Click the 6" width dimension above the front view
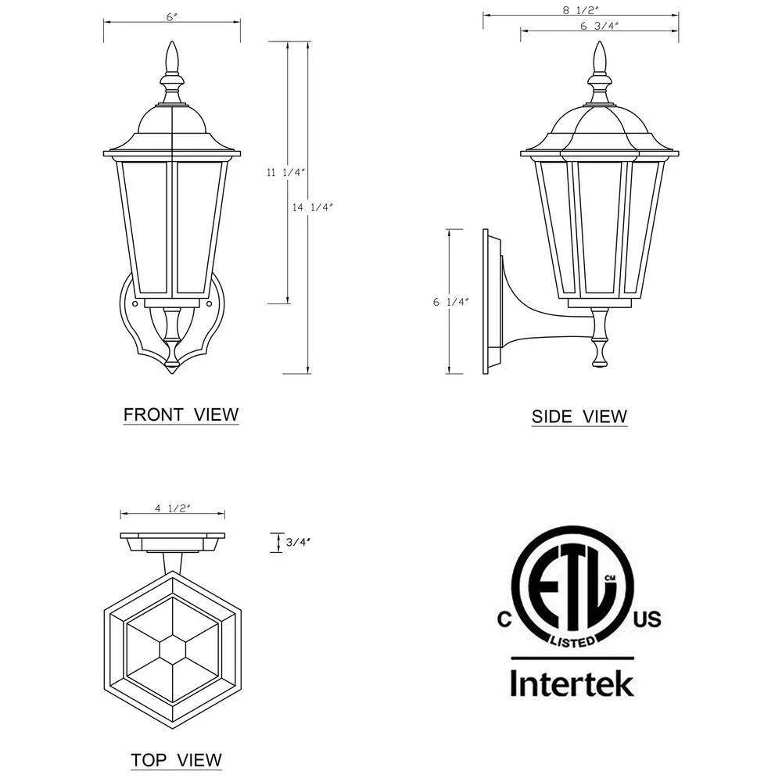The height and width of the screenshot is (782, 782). pyautogui.click(x=172, y=17)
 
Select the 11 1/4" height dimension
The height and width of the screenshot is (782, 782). pyautogui.click(x=285, y=173)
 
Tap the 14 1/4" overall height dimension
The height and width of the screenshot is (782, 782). pyautogui.click(x=312, y=207)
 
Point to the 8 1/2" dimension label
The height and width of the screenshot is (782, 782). pyautogui.click(x=580, y=10)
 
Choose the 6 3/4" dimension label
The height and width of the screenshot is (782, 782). pyautogui.click(x=600, y=26)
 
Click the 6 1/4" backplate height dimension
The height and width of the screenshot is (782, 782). pyautogui.click(x=451, y=302)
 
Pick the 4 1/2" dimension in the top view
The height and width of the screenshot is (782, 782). pyautogui.click(x=173, y=508)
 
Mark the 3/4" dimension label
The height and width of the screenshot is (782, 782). pyautogui.click(x=298, y=542)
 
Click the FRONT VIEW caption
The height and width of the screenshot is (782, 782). pyautogui.click(x=181, y=414)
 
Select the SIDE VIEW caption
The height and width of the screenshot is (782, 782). pyautogui.click(x=579, y=417)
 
